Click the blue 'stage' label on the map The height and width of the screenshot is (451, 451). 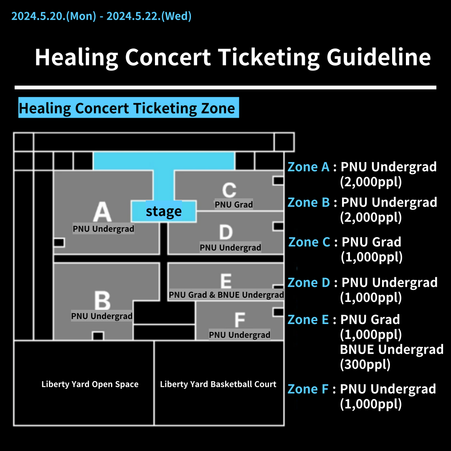164,211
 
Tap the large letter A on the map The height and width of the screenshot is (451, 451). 102,212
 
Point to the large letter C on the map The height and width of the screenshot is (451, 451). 229,190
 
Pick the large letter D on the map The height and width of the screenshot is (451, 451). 226,232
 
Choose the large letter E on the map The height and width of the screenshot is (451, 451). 226,281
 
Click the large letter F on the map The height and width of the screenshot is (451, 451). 239,320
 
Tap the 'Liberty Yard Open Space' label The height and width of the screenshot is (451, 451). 90,384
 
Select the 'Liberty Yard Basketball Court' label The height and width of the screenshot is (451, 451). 218,384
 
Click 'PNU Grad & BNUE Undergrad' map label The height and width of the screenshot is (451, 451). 226,295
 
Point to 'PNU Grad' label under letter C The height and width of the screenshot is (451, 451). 234,205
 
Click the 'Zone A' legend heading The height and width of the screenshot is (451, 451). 309,167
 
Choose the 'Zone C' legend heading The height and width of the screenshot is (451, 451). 309,242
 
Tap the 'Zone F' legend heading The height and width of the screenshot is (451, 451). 308,389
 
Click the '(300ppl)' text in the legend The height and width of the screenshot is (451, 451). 365,365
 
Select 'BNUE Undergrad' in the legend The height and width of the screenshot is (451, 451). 392,349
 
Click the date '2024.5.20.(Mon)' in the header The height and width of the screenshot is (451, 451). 53,16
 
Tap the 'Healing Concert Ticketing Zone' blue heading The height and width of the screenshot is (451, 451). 128,108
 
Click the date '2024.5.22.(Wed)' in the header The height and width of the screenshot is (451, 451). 149,16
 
